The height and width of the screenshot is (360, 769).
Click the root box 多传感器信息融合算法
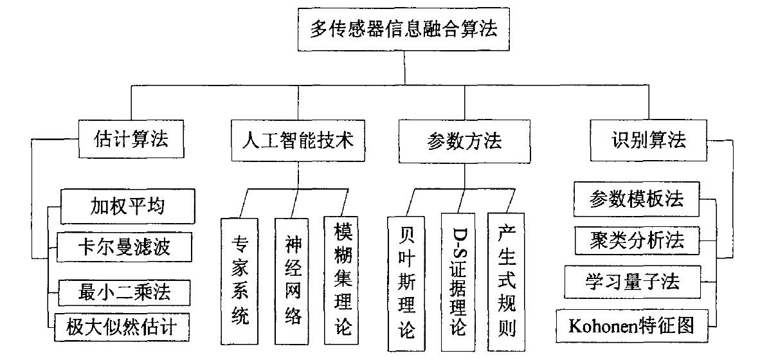point(404,30)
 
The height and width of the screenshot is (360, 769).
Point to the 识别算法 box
point(648,140)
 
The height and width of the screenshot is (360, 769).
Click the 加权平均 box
point(126,206)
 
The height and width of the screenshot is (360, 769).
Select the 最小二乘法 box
point(124,292)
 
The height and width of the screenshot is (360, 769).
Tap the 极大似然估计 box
point(123,328)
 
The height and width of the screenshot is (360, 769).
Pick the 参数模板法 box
point(635,201)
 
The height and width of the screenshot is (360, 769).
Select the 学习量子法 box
point(632,281)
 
